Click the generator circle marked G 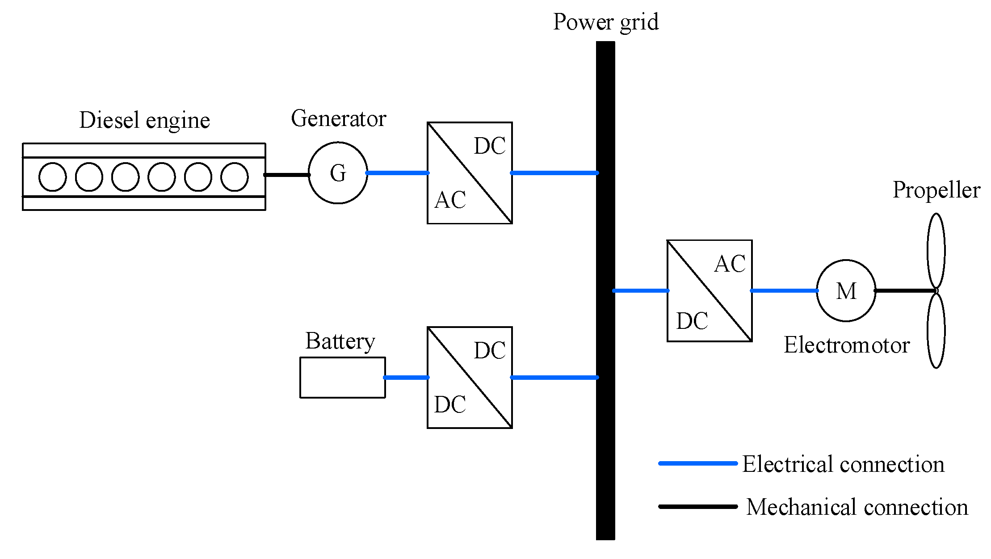coord(338,173)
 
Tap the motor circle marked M coord(846,291)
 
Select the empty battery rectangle coord(342,378)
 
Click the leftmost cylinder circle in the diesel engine coord(53,177)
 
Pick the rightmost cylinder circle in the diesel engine coord(235,177)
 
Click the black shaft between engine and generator coord(287,175)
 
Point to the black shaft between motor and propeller coord(905,291)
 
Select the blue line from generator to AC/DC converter coord(397,173)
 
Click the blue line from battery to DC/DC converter coord(406,378)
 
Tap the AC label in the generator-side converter coord(450,200)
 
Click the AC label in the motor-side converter coord(730,264)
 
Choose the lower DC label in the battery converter coord(450,404)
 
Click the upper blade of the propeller coord(936,250)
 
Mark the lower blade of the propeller coord(936,331)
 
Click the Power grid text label coord(606,21)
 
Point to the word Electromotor coord(847,345)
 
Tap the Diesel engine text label coord(144,120)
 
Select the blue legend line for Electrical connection coord(698,463)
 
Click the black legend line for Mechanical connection coord(698,507)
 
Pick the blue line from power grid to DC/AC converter coord(641,291)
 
